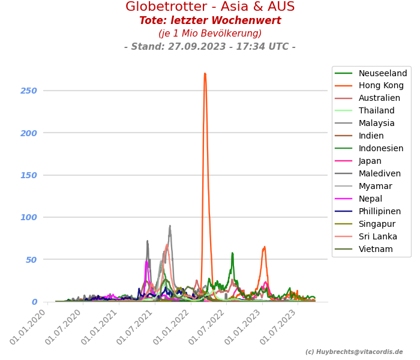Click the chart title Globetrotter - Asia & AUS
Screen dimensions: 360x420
coord(210,7)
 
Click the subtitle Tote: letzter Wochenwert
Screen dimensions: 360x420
coord(210,21)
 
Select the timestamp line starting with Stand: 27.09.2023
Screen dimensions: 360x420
coord(210,47)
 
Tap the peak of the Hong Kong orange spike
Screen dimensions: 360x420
coord(205,74)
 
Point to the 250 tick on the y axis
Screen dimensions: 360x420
coord(29,91)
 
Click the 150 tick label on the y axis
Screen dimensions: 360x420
coord(29,175)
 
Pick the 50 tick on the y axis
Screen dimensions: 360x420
coord(30,260)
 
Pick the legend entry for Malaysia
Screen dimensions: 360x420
coord(377,124)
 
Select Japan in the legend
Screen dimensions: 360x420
coord(370,161)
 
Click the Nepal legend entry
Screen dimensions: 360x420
coord(370,199)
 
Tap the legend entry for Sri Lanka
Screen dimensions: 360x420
coord(378,237)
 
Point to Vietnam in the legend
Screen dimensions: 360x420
coord(376,250)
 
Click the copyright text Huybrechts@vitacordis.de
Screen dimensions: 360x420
coord(354,352)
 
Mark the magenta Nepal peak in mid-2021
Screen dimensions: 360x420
coord(146,261)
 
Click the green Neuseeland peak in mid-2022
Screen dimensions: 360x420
coord(232,253)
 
